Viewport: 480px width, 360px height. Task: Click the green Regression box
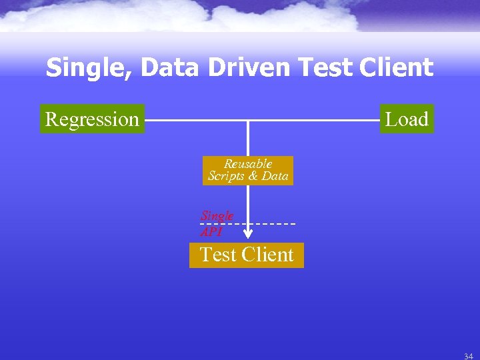coord(92,119)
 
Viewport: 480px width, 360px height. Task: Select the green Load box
coord(407,119)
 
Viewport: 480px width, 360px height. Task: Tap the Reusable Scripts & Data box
coord(248,170)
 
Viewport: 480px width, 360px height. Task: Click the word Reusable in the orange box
coord(248,164)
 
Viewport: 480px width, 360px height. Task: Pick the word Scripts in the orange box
coord(227,176)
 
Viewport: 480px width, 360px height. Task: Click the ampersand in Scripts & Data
coord(253,176)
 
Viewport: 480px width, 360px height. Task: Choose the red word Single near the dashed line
coord(217,216)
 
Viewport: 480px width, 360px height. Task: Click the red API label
coord(211,232)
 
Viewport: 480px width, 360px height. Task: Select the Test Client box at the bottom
coord(247,255)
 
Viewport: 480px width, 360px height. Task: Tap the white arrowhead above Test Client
coord(248,234)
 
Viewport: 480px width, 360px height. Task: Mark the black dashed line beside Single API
coord(273,223)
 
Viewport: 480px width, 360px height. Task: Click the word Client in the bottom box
coord(267,255)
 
